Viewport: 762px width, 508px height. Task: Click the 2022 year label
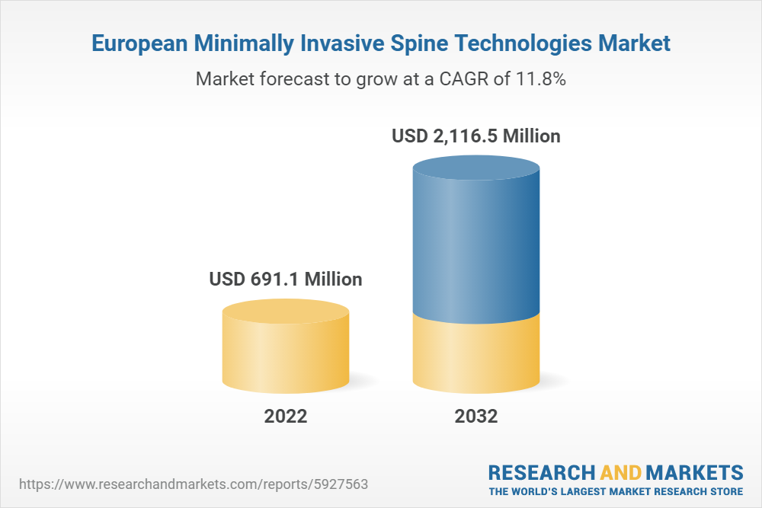point(286,417)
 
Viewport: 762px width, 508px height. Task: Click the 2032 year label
point(475,417)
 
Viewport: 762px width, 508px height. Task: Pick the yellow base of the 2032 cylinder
point(475,354)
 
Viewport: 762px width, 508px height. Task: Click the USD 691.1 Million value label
point(286,280)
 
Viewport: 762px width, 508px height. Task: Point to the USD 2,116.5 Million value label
point(475,136)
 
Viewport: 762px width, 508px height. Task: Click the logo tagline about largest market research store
point(616,490)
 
